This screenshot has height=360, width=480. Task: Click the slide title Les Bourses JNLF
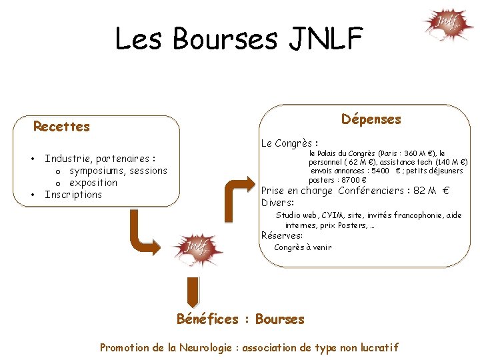point(239,39)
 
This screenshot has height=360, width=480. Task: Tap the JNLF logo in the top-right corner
point(448,25)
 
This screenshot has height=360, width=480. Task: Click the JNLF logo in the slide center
point(198,249)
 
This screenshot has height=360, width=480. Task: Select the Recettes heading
point(61,127)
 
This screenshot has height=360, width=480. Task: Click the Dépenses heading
point(371,119)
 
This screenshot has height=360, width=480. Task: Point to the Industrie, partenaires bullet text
point(99,159)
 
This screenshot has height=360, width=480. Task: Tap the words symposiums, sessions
point(118,171)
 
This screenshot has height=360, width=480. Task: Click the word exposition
point(93,183)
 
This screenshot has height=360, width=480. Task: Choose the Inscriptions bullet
point(73,195)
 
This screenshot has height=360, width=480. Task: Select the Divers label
point(278,203)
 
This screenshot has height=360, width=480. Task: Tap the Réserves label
point(282,235)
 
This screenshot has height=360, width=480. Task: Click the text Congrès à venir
point(303,247)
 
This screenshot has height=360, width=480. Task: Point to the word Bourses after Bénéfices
point(279,319)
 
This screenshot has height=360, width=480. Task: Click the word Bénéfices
point(207,319)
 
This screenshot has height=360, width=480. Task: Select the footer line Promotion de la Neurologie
point(249,347)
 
